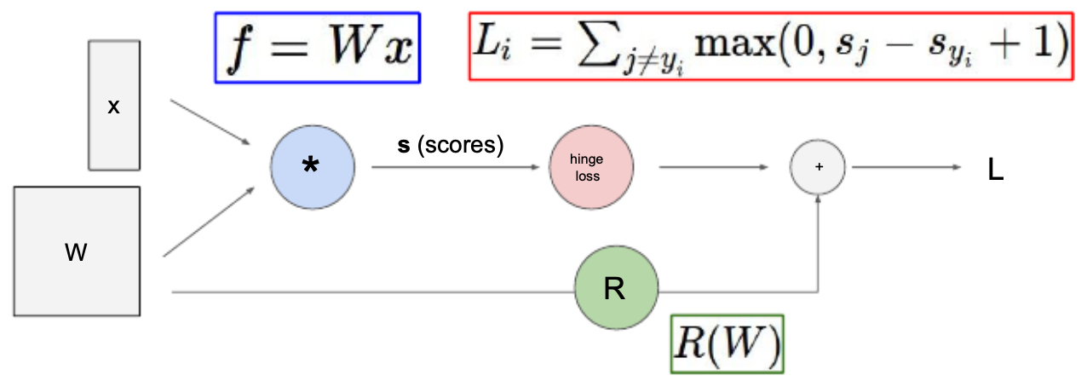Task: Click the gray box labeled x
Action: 114,106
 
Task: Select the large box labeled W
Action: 77,251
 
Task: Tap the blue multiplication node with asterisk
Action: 313,167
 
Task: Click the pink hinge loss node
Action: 591,167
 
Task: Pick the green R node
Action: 616,288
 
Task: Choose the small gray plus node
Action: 818,167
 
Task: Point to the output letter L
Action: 996,170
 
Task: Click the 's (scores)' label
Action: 451,145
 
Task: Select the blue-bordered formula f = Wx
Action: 318,48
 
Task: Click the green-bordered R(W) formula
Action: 727,344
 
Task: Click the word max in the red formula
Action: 735,43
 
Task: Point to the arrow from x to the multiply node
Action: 210,123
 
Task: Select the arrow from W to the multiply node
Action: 210,222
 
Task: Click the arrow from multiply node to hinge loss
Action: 456,167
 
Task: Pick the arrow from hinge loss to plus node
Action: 714,167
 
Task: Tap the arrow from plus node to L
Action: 906,167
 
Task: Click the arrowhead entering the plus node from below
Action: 818,199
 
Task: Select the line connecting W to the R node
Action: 373,292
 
